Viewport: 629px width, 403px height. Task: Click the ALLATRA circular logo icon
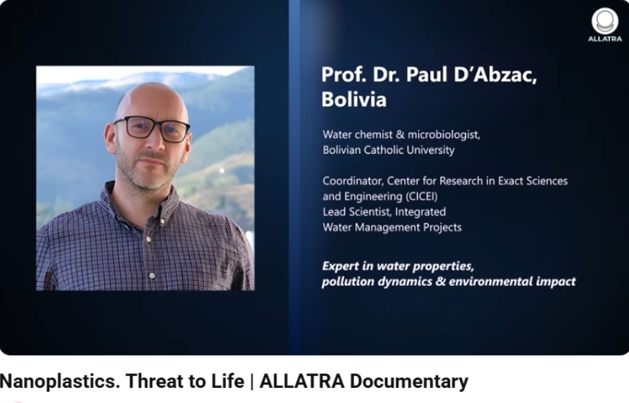pyautogui.click(x=605, y=21)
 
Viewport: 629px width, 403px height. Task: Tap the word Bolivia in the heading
pyautogui.click(x=354, y=99)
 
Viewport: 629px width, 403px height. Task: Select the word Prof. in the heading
pyautogui.click(x=344, y=74)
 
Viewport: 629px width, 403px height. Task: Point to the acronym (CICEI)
pyautogui.click(x=421, y=196)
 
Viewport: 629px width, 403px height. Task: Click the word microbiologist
pyautogui.click(x=444, y=135)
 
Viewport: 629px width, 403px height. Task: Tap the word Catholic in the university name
pyautogui.click(x=384, y=150)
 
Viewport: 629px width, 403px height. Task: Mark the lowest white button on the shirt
pyautogui.click(x=152, y=276)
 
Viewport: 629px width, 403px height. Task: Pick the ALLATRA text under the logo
pyautogui.click(x=605, y=39)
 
